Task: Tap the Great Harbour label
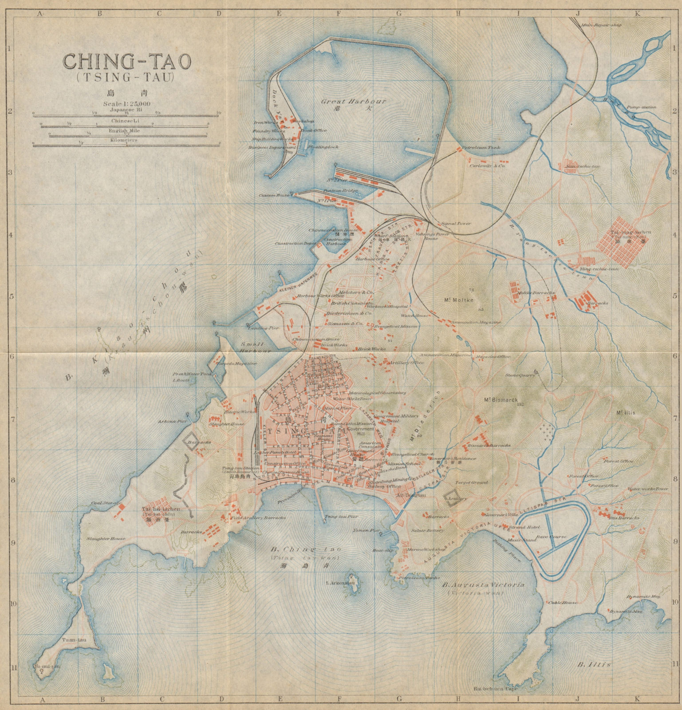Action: pyautogui.click(x=354, y=101)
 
